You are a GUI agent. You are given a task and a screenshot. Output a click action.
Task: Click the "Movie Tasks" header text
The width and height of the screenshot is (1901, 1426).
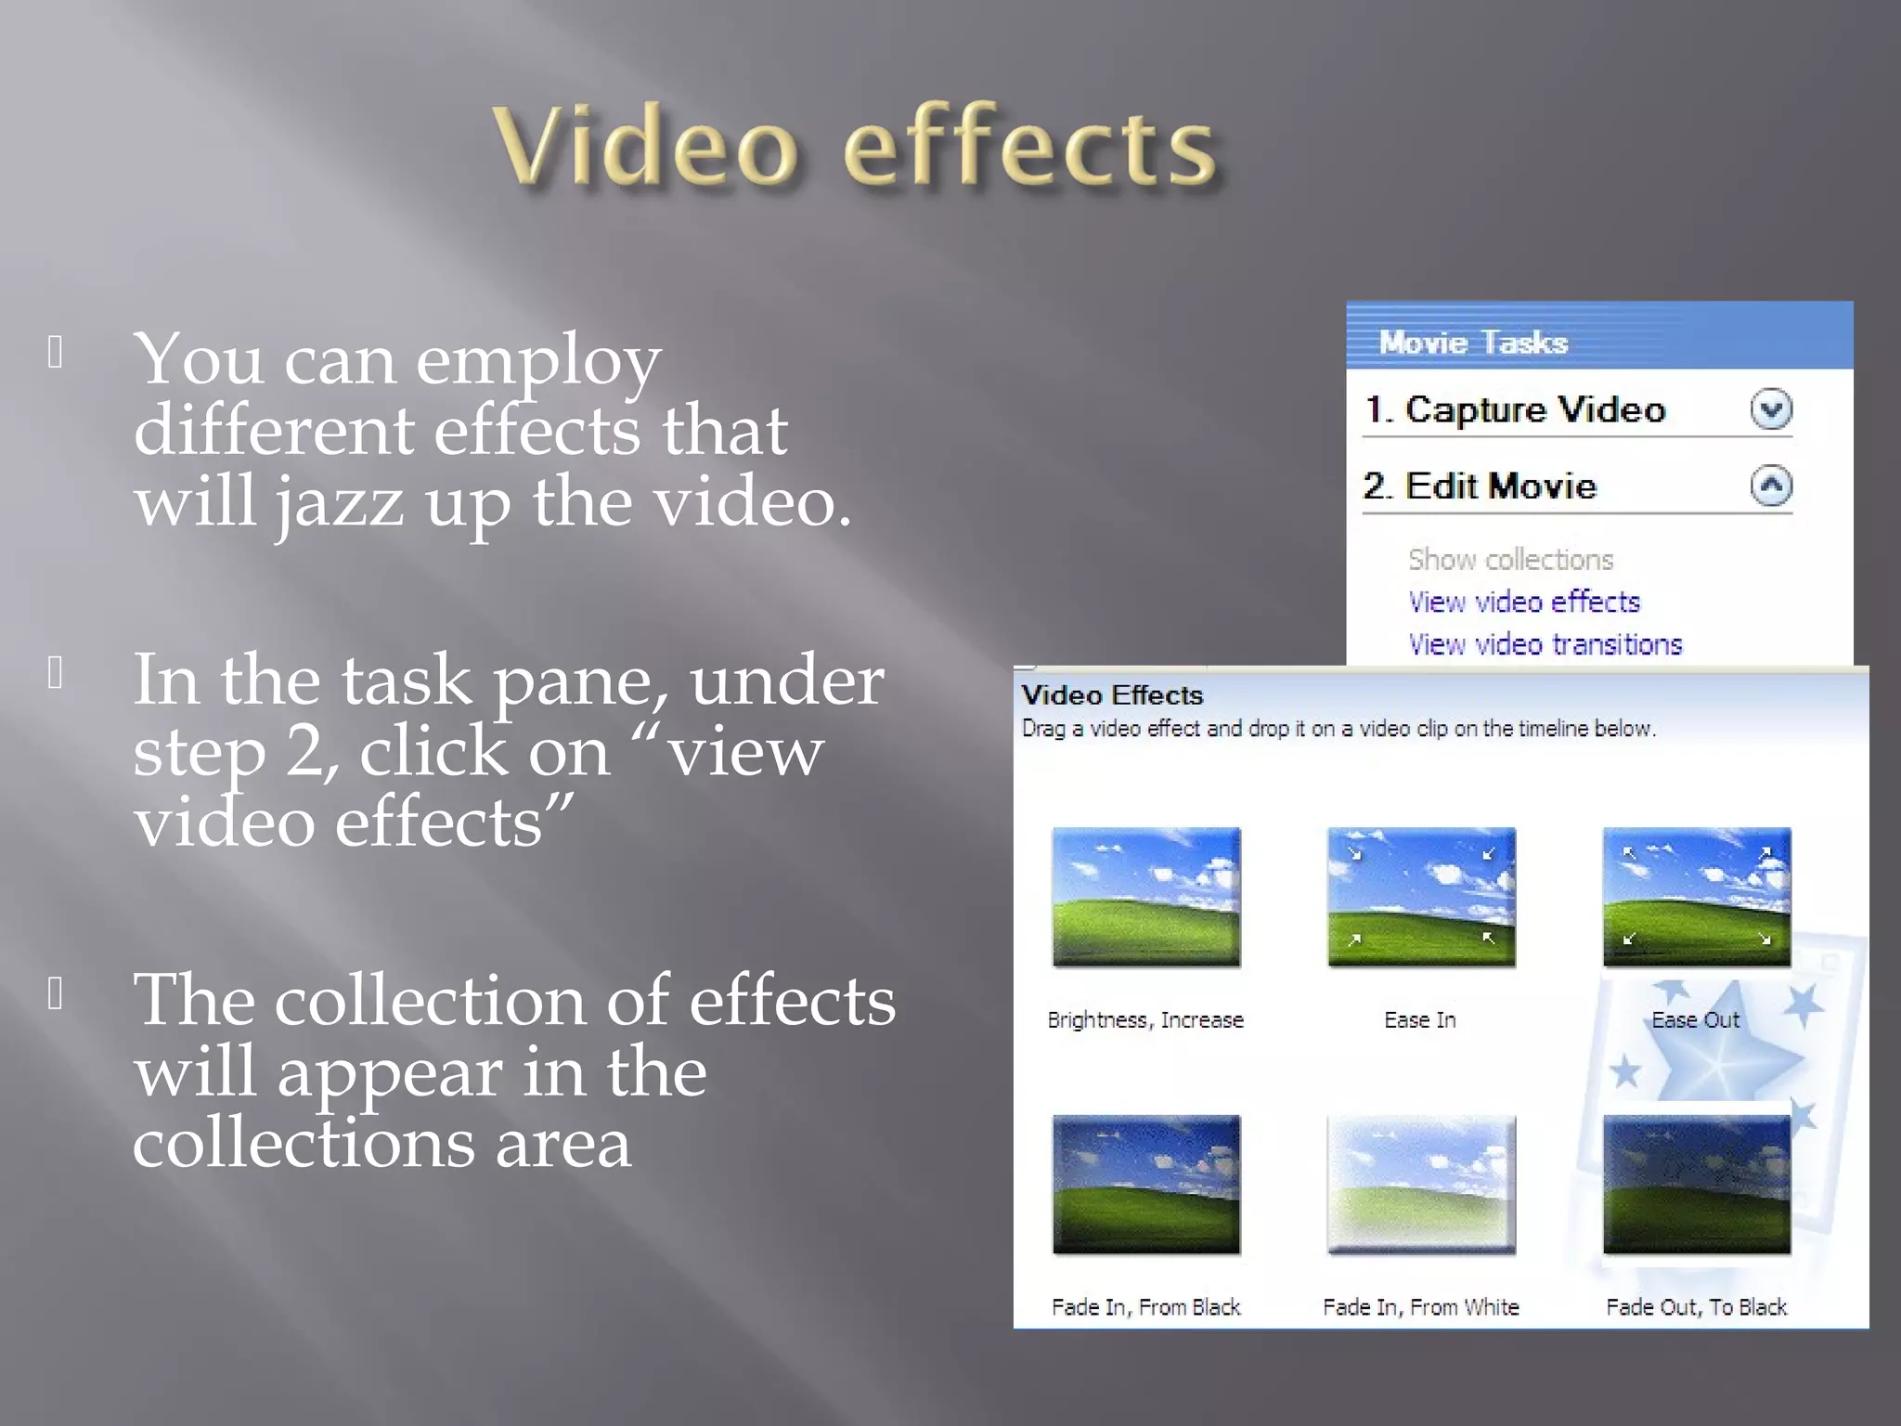tap(1473, 343)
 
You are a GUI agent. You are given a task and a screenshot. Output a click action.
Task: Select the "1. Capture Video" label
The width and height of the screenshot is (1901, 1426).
tap(1515, 409)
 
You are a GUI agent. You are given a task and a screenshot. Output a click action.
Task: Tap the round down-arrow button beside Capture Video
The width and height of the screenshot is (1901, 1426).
tap(1771, 409)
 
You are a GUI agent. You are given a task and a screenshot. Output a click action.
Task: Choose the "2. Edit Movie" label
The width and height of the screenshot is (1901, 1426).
tap(1480, 486)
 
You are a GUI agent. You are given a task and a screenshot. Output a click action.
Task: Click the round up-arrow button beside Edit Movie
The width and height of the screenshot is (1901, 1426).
tap(1771, 486)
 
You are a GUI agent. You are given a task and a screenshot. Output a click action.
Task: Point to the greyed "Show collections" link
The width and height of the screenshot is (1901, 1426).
tap(1510, 560)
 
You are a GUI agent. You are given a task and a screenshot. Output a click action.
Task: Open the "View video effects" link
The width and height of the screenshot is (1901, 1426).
tap(1523, 603)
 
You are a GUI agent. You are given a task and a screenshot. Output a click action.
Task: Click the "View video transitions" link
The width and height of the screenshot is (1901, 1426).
tap(1545, 645)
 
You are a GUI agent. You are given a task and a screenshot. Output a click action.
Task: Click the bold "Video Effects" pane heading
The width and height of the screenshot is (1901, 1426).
tap(1112, 695)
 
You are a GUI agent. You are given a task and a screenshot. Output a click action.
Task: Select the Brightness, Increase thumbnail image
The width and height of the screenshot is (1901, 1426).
tap(1145, 897)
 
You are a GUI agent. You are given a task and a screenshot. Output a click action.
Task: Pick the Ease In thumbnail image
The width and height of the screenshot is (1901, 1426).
tap(1421, 897)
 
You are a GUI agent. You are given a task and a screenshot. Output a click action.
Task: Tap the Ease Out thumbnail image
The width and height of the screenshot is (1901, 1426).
tap(1697, 897)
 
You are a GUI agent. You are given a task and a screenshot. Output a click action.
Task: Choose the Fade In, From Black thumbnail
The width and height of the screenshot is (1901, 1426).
tap(1145, 1185)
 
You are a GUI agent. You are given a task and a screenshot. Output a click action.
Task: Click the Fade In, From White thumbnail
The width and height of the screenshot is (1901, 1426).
tap(1421, 1185)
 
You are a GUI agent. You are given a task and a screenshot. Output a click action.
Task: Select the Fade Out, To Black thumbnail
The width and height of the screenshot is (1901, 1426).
tap(1697, 1185)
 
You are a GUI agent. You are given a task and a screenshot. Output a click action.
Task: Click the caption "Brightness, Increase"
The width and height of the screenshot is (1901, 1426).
tap(1145, 1020)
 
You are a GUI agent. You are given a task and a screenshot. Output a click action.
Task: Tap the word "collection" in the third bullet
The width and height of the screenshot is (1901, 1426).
tap(430, 1002)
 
